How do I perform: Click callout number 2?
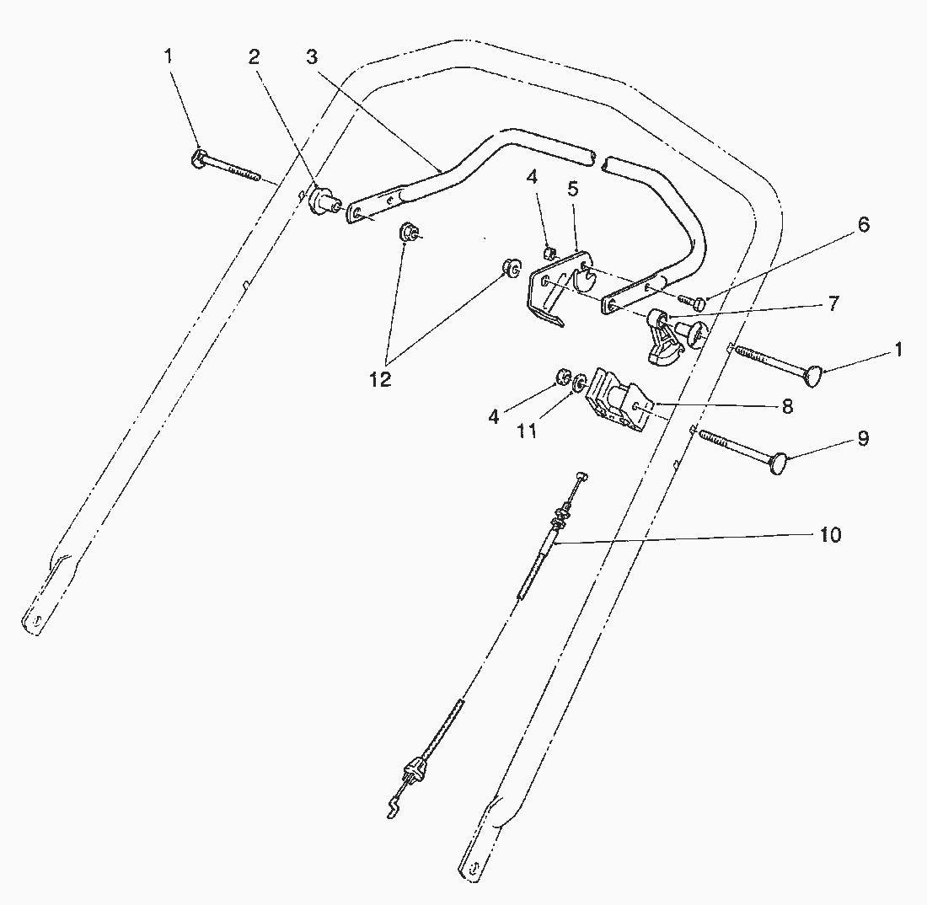coord(254,56)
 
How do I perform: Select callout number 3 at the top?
coord(312,56)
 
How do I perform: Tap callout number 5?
coord(572,189)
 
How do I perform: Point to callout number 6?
coord(863,225)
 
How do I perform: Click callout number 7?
coord(833,304)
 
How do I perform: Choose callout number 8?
coord(787,407)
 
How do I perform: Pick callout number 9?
coord(863,439)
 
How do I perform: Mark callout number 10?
coord(831,535)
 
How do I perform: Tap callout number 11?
coord(527,431)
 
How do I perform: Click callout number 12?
coord(381,380)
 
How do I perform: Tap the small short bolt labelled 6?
coord(692,302)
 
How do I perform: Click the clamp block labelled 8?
coord(619,399)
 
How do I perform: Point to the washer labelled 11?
coord(581,381)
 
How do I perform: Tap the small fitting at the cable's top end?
coord(582,476)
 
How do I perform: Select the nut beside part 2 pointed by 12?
coord(407,232)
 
